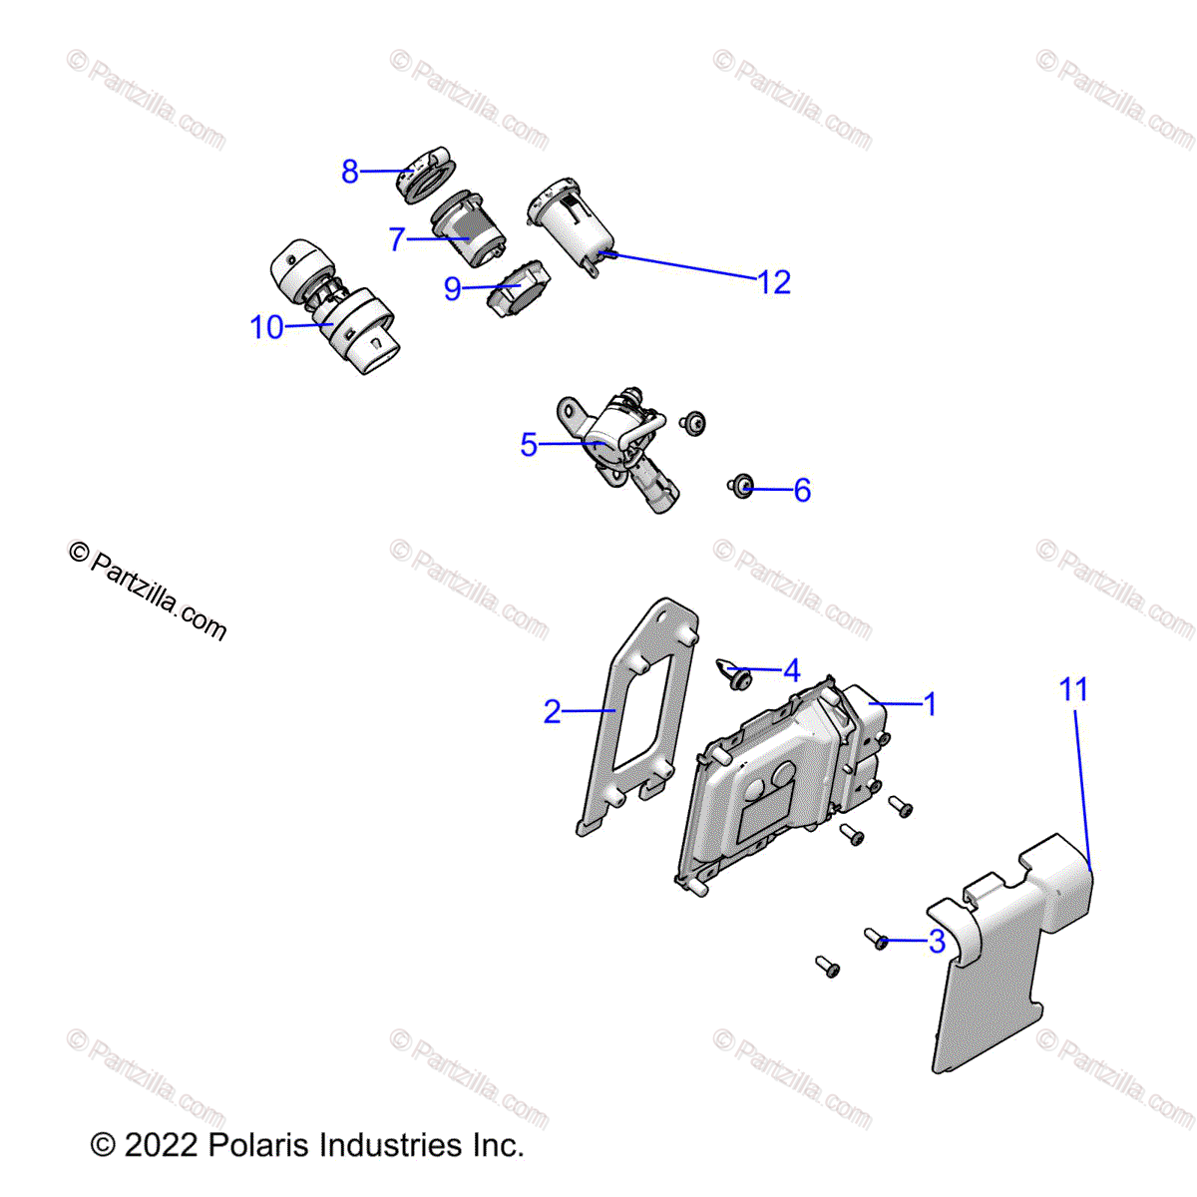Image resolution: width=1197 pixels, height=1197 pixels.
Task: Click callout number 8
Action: coord(349,172)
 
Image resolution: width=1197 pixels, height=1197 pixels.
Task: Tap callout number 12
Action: coord(774,282)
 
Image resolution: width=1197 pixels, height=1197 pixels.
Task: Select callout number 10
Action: coord(266,327)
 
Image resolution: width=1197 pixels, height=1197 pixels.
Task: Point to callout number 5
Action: coord(529,445)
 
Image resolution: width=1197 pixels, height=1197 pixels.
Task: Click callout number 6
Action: coord(802,490)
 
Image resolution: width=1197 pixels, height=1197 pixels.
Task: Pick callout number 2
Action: coord(553,711)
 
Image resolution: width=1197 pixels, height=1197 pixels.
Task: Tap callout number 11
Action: coord(1073,689)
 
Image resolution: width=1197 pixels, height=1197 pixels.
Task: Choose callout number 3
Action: coord(937,942)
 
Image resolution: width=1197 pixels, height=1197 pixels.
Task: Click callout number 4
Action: coord(792,670)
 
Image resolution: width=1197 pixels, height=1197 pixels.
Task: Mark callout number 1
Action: coord(930,704)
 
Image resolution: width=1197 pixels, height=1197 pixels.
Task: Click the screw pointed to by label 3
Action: coord(875,938)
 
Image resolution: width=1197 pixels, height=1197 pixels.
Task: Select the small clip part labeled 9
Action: coord(519,289)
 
